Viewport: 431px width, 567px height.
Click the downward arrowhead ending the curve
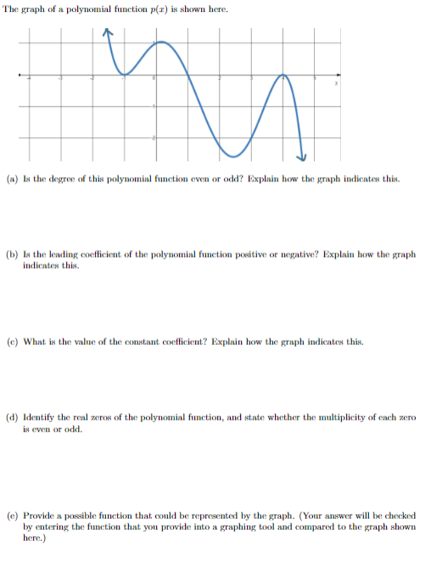[300, 155]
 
